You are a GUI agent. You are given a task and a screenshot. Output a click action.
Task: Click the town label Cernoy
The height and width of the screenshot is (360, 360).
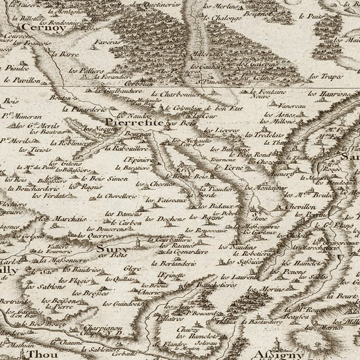(43, 27)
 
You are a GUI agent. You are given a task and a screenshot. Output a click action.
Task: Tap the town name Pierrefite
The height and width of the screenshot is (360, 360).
(135, 123)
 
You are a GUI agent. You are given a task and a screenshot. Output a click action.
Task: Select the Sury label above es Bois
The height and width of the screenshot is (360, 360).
(112, 249)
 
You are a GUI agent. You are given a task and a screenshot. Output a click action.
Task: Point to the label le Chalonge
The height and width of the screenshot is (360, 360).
(222, 18)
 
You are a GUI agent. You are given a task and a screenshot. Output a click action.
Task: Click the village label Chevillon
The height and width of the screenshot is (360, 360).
(300, 207)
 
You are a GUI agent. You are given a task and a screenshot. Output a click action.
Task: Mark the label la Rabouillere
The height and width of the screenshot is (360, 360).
(126, 148)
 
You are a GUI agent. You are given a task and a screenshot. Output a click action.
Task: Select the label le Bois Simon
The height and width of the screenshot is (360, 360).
(104, 179)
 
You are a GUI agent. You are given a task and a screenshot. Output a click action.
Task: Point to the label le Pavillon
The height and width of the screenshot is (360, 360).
(22, 80)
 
